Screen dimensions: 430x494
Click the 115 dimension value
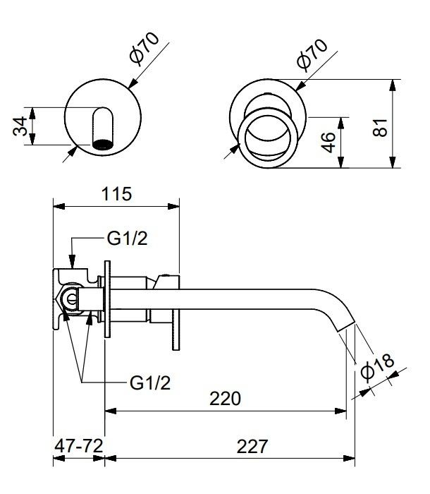[116, 194]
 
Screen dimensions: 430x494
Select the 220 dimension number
[225, 398]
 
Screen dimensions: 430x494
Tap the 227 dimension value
[252, 446]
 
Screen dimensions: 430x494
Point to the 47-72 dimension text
[79, 446]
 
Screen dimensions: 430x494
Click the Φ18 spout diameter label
[377, 366]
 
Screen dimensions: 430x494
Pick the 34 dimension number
[20, 126]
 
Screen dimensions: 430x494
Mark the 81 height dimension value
[380, 127]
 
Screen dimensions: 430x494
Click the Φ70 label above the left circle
[145, 49]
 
